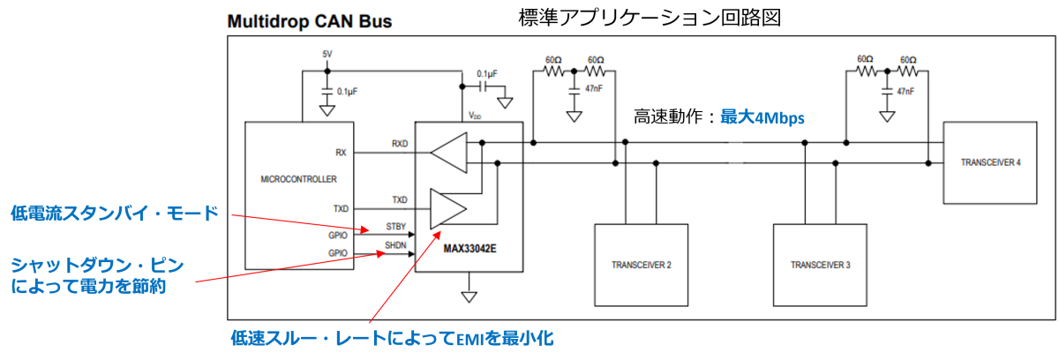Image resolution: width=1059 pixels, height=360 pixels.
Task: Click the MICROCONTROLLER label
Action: click(298, 179)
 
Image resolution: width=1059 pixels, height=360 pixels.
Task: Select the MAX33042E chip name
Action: click(469, 249)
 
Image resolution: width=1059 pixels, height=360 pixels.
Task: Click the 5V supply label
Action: click(327, 55)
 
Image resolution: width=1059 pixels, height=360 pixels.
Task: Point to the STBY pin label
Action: click(395, 227)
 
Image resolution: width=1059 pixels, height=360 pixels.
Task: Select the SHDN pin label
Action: click(395, 245)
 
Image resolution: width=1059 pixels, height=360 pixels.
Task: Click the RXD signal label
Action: click(400, 144)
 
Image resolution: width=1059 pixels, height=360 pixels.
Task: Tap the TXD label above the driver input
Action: click(400, 199)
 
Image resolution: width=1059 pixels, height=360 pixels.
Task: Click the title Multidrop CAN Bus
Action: click(310, 21)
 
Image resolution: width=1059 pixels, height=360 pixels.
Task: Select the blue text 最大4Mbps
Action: click(762, 117)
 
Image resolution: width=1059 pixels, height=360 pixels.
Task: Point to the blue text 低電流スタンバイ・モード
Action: click(115, 213)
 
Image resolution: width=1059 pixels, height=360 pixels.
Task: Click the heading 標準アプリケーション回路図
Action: click(650, 18)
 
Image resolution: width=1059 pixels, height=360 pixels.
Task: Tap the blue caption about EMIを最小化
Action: click(392, 338)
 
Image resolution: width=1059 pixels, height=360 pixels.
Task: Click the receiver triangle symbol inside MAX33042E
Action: click(448, 153)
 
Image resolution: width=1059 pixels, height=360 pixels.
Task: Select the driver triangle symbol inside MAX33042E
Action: click(448, 209)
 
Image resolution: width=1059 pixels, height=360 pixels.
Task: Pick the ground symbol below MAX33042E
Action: click(469, 296)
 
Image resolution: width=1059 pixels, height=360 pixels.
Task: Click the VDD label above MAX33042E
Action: click(475, 116)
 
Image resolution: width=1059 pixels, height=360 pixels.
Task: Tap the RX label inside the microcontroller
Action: click(341, 153)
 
